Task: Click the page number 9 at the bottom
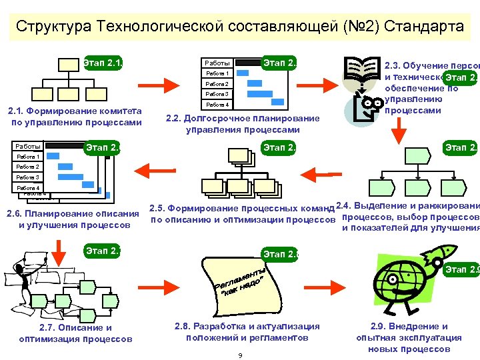[x=240, y=355]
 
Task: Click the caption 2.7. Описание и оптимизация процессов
[x=76, y=333]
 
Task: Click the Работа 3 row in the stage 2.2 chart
[x=217, y=95]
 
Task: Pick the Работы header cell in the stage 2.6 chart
[x=28, y=147]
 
